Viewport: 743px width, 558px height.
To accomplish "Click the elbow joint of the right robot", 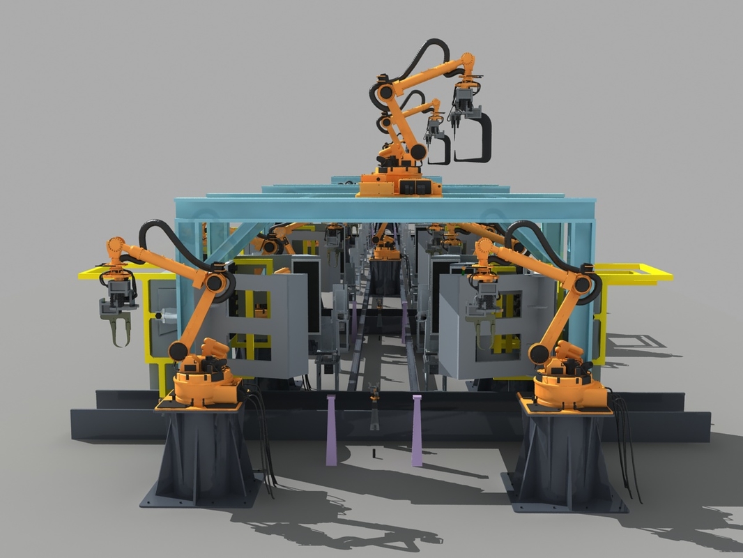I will click(582, 282).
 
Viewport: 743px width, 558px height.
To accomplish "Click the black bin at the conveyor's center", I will click(384, 276).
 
